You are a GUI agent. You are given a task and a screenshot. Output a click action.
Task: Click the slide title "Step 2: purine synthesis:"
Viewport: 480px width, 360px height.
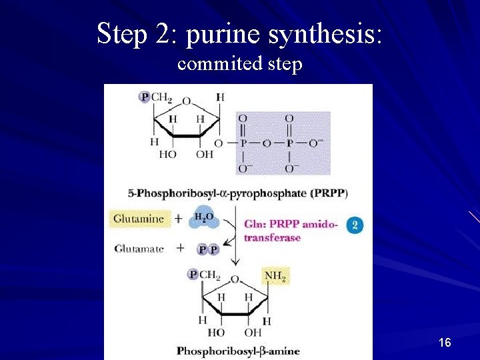[239, 33]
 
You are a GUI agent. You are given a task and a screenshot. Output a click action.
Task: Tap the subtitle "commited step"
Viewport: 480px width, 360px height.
[240, 64]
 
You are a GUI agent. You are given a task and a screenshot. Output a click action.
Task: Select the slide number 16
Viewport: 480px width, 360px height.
[445, 343]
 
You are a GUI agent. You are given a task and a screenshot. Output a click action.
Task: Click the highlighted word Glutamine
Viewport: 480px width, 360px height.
[139, 219]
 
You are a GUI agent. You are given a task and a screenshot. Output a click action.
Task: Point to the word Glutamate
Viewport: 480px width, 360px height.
[139, 249]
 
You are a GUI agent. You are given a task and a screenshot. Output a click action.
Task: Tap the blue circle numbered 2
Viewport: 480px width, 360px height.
[355, 225]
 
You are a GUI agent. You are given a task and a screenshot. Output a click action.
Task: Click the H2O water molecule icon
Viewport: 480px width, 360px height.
[204, 219]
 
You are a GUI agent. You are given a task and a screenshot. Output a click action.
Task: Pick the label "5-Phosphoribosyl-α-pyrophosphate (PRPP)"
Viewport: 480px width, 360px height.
[237, 193]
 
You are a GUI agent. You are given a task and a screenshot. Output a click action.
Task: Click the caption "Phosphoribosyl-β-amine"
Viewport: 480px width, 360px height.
[238, 351]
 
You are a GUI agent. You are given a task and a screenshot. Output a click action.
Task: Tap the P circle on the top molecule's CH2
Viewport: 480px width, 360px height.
[144, 97]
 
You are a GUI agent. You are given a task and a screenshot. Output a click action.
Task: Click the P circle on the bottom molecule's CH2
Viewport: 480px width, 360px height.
[193, 275]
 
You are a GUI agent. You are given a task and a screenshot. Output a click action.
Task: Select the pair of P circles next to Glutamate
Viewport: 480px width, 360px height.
[208, 249]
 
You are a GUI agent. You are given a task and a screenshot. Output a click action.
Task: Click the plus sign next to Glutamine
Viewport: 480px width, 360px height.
[179, 219]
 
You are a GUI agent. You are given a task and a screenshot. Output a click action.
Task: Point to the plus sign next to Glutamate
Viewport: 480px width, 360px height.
[179, 249]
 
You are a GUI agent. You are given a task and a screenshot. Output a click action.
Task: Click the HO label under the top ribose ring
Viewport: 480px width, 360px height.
[167, 154]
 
